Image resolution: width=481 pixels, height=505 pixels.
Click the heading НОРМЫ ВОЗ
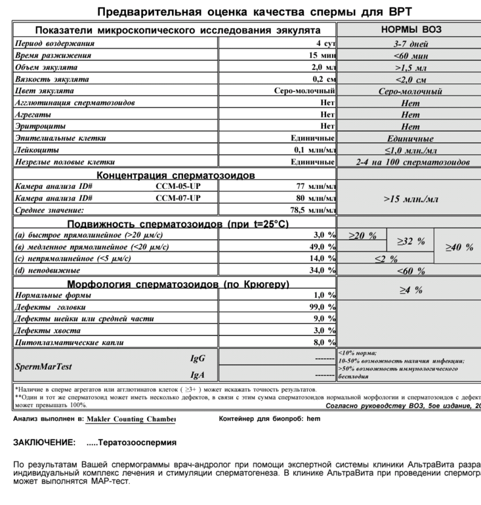pos(411,30)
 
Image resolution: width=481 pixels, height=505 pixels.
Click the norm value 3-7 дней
pos(411,44)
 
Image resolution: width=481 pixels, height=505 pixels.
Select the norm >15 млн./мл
pos(411,198)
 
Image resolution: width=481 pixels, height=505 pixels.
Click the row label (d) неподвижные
pos(48,270)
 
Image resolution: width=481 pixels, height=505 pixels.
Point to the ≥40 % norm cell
pos(459,247)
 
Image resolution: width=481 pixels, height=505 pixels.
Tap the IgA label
pos(198,375)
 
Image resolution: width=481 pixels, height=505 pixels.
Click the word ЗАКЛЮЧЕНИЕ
pos(44,443)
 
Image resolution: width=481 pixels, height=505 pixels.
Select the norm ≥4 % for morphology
pos(411,290)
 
